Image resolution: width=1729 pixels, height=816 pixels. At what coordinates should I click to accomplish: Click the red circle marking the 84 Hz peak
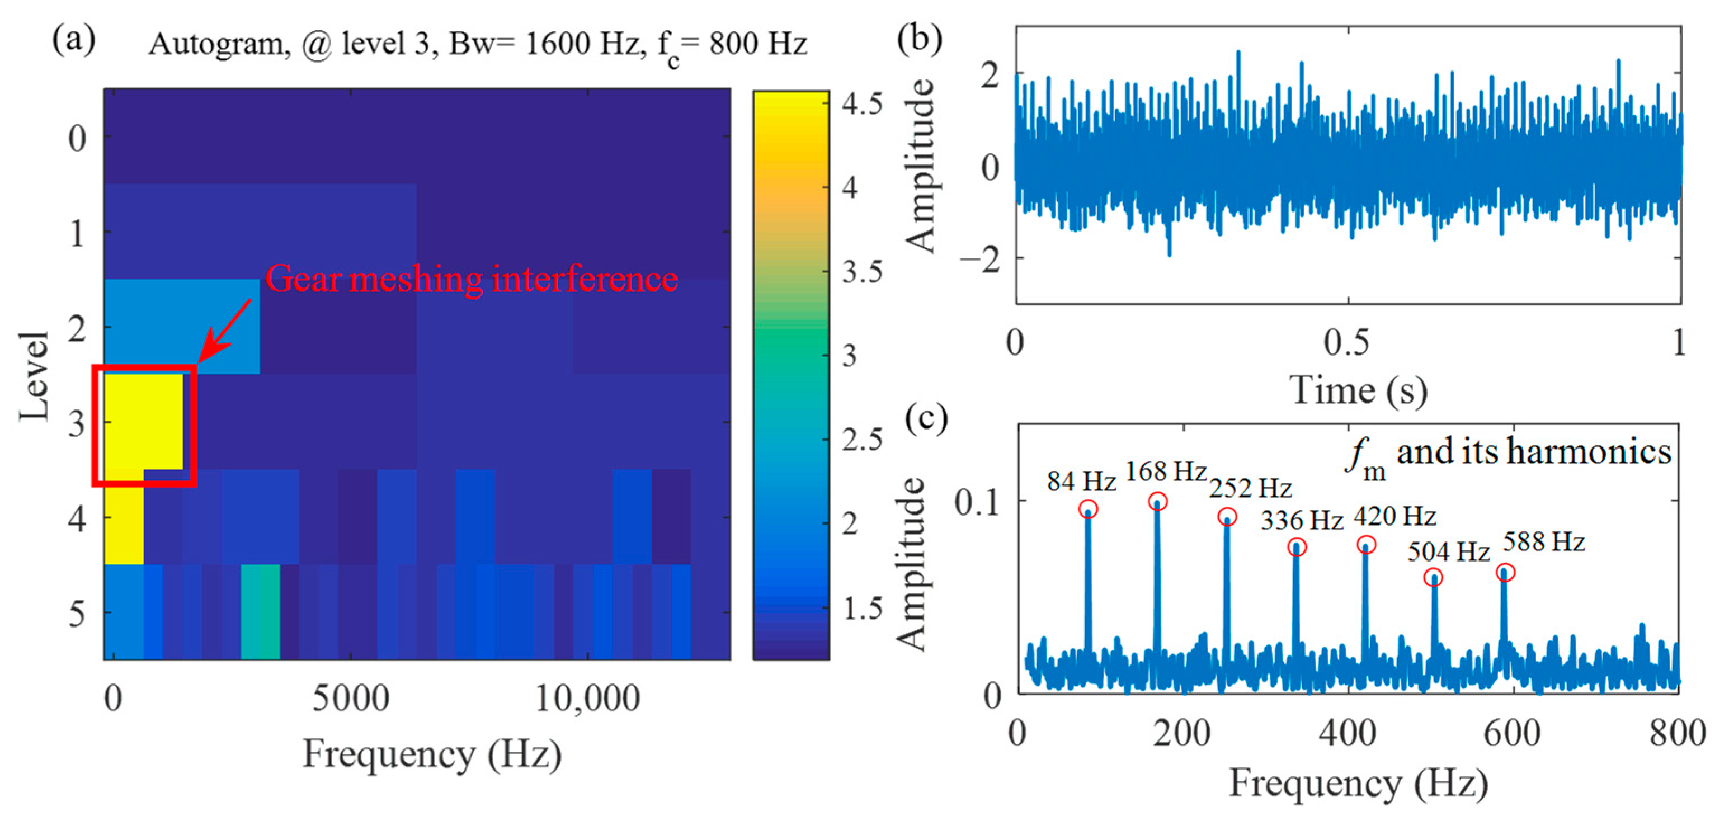[x=1088, y=508]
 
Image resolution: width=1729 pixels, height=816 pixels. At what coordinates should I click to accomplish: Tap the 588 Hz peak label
[x=1544, y=541]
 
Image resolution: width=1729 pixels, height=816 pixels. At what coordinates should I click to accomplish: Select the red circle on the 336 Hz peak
[x=1297, y=547]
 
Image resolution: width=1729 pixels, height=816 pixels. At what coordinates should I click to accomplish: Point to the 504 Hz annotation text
[x=1448, y=551]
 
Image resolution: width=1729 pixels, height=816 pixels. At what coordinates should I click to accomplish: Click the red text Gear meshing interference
[x=471, y=279]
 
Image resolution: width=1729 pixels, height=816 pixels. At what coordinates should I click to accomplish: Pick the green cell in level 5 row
[x=261, y=611]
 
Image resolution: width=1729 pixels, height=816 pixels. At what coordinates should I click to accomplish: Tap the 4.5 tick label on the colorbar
[x=862, y=104]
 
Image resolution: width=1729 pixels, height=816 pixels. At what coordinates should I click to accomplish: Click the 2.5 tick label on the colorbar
[x=862, y=440]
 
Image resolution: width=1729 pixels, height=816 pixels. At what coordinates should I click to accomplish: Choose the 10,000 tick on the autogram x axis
[x=587, y=699]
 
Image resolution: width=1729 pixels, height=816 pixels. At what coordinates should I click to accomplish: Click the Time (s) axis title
[x=1357, y=390]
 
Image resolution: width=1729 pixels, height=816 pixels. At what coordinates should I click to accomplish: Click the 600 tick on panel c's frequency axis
[x=1511, y=732]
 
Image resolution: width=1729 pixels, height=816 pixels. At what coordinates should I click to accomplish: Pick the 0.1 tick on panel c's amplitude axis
[x=977, y=502]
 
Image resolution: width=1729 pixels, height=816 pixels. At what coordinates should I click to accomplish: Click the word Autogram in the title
[x=219, y=44]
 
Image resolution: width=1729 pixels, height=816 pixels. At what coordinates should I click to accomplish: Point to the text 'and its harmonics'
[x=1534, y=451]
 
